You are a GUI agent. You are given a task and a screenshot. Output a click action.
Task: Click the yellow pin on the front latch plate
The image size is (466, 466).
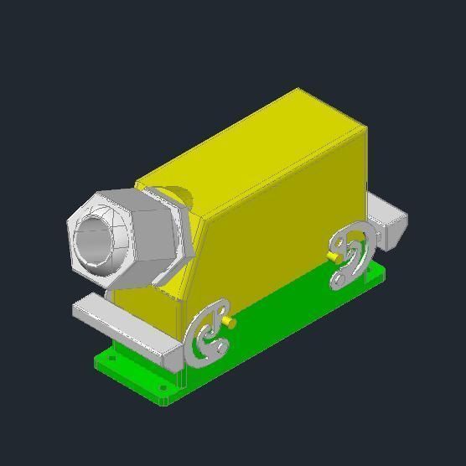(x=230, y=321)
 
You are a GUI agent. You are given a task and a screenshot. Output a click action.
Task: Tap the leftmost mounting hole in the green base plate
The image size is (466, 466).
(x=112, y=358)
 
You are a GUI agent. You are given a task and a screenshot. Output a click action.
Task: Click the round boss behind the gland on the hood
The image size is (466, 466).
(x=179, y=198)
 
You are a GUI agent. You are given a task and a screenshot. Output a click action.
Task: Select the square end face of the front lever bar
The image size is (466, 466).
(x=171, y=357)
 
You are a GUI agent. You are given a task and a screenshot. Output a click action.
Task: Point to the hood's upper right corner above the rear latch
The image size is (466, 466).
(x=366, y=128)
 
